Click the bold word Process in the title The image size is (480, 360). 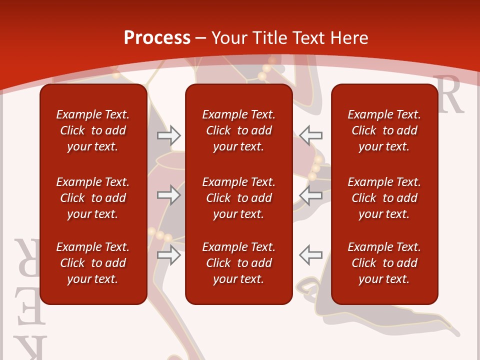coord(157,38)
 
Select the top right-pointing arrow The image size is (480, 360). coord(168,135)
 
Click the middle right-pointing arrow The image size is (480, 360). coord(168,195)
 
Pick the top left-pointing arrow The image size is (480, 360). coord(311,134)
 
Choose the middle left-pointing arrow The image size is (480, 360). coord(311,195)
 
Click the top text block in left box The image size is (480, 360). coord(93,130)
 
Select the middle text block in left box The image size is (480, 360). coord(93,198)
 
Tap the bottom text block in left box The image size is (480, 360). coord(93,263)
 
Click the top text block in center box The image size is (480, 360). coord(239,130)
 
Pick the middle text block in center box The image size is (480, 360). coord(239,198)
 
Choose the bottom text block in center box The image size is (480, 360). coord(239,263)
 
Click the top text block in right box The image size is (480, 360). coord(384,130)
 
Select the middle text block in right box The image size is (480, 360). coord(384,198)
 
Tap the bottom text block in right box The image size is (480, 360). coord(384,263)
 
